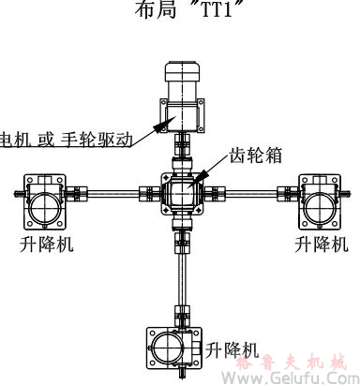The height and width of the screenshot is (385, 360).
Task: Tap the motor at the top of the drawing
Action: [184, 88]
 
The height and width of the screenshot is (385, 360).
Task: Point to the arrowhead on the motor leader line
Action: [165, 121]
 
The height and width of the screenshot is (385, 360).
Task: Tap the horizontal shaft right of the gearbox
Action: [253, 194]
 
